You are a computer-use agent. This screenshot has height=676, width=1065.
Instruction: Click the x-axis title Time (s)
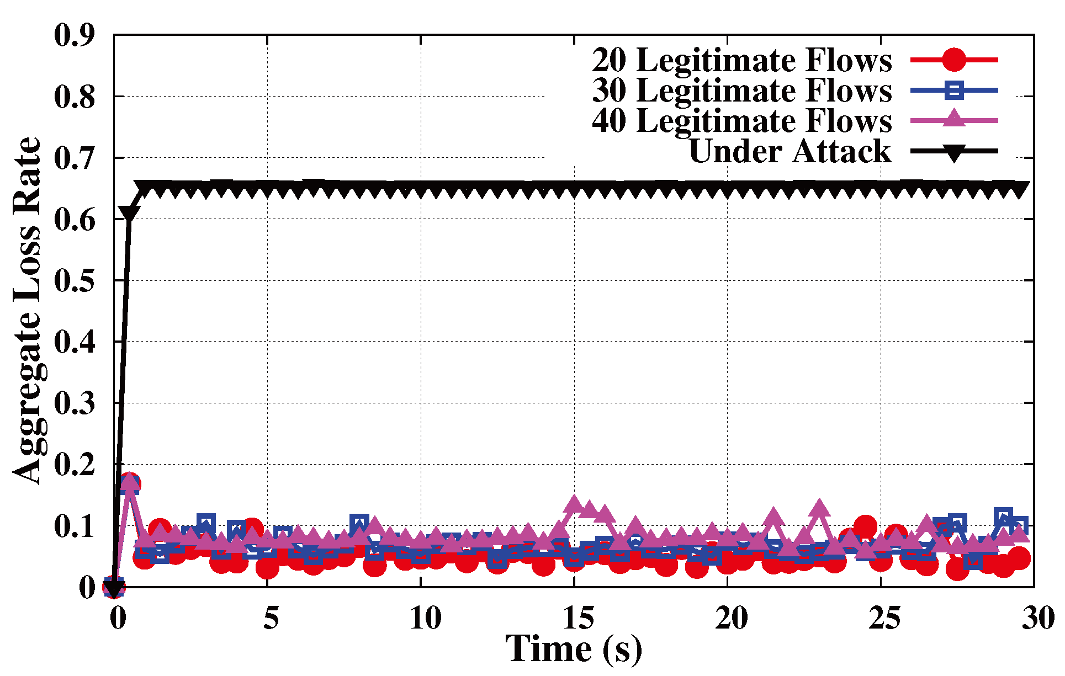click(x=574, y=649)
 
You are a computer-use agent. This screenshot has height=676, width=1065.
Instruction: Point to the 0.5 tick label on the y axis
click(x=75, y=280)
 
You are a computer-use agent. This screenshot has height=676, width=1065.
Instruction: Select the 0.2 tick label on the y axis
click(x=75, y=465)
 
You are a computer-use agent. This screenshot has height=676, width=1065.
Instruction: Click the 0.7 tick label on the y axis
click(x=75, y=158)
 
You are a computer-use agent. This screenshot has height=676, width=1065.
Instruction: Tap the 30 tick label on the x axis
click(x=1038, y=618)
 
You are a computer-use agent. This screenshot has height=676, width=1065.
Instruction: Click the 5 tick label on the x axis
click(x=271, y=618)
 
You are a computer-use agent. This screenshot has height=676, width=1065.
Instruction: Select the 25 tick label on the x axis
click(x=884, y=618)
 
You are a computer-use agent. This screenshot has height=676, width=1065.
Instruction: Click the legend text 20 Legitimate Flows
click(x=741, y=60)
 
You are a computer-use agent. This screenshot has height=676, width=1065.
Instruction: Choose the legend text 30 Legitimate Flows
click(x=741, y=91)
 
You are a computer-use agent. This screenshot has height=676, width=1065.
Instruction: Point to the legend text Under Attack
click(x=790, y=151)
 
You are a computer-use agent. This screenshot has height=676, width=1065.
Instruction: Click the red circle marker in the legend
click(x=953, y=60)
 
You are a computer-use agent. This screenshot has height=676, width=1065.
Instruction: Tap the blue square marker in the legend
click(x=953, y=90)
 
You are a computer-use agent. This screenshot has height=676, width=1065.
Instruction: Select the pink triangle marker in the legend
click(x=953, y=119)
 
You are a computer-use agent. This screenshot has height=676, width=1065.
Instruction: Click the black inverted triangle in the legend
click(x=953, y=152)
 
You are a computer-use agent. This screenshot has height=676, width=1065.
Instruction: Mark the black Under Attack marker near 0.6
click(x=129, y=214)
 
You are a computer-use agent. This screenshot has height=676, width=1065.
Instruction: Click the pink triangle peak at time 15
click(x=574, y=503)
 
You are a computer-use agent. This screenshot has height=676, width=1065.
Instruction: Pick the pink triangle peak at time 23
click(x=819, y=508)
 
